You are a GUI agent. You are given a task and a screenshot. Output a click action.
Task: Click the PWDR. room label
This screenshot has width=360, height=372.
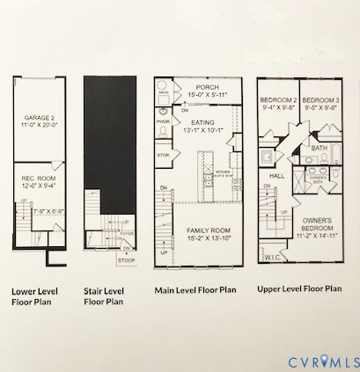163,121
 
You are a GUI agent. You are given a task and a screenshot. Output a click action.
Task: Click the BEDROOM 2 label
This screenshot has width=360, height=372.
276,101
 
